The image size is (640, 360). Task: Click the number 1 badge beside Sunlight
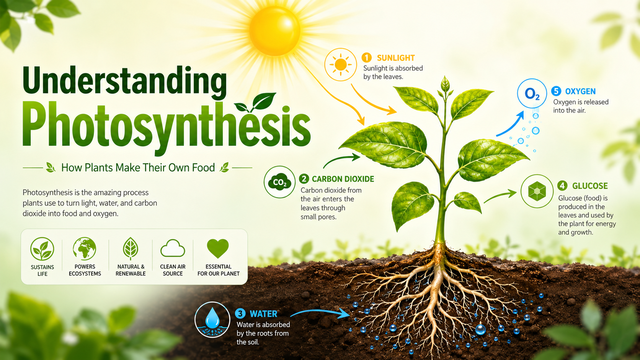pos(367,58)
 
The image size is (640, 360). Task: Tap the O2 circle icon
pos(532,93)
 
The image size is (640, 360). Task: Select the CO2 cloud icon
pos(279,182)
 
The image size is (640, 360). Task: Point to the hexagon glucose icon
pos(537,191)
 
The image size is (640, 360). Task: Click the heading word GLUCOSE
pos(590,186)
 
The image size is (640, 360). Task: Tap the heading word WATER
pos(263,314)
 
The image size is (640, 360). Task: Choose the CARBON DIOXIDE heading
pos(343,179)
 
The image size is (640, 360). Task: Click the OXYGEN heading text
pos(580,91)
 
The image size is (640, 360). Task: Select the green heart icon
pos(218,248)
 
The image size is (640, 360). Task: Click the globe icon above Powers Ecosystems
pos(85,249)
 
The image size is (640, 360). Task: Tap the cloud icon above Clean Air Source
pos(173,248)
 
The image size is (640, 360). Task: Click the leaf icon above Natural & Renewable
pos(131,248)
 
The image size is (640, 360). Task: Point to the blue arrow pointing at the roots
pos(320,313)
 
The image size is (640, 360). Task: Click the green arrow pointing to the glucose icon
pos(500,196)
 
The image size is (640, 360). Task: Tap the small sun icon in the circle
pos(341,65)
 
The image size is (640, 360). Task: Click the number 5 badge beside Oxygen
pos(556,91)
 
